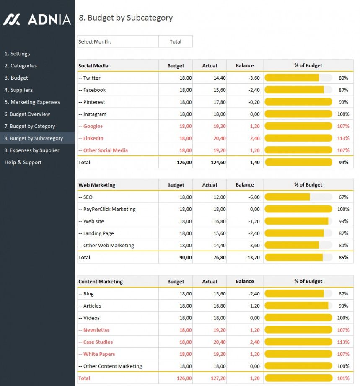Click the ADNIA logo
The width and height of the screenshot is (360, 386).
[37, 19]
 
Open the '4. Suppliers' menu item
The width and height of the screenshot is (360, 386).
[18, 90]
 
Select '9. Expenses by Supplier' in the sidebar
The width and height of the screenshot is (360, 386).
[32, 150]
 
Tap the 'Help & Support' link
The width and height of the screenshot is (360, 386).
[23, 163]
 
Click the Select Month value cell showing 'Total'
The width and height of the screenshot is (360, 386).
[176, 42]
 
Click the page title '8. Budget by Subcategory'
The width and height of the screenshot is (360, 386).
[126, 18]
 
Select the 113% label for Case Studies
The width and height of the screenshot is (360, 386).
[343, 342]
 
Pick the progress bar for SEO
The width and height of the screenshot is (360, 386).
[287, 197]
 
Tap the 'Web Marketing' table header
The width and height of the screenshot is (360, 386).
[97, 185]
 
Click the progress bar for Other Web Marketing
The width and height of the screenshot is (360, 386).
[292, 246]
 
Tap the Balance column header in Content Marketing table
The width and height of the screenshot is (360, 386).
[245, 282]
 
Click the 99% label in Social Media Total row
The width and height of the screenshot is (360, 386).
[344, 163]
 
